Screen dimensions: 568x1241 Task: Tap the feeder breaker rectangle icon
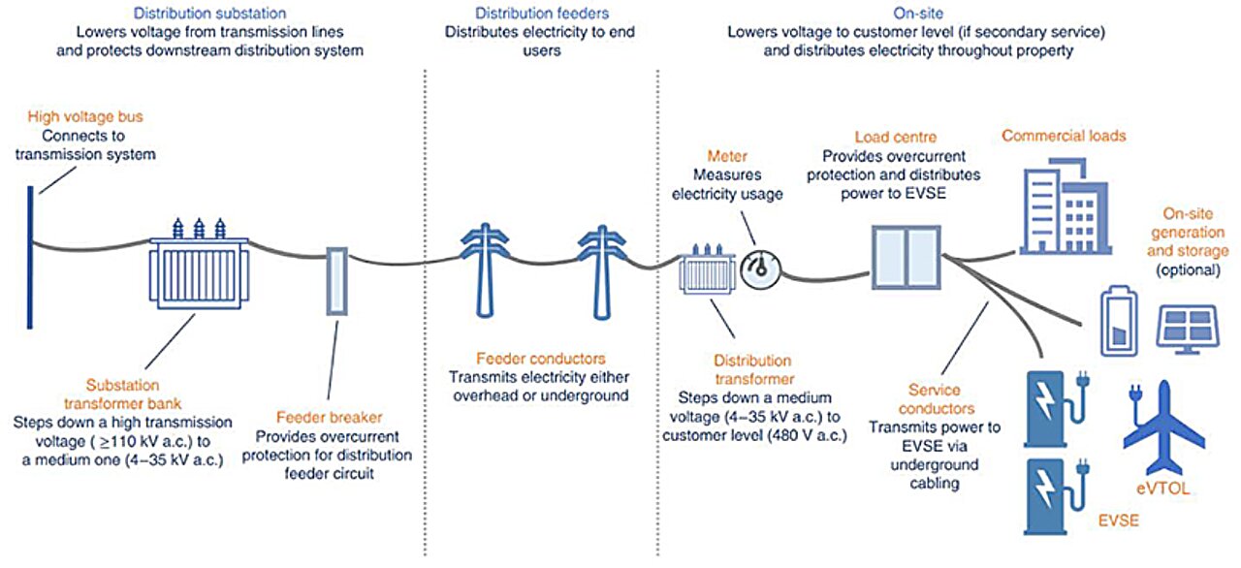click(336, 281)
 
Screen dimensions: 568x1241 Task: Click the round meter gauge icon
click(759, 270)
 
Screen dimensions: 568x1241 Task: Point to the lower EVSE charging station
click(1052, 494)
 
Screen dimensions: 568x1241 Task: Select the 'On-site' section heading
click(918, 14)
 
